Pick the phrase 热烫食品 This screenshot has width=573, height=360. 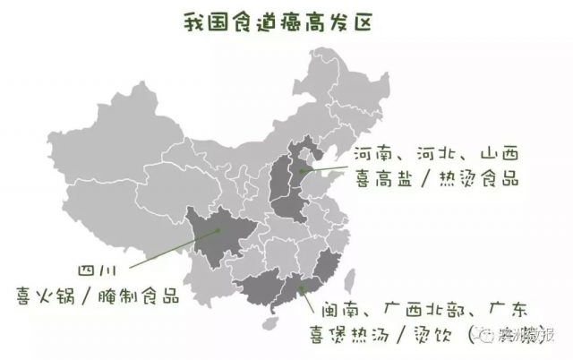478,178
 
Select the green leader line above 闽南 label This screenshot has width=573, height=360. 307,296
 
